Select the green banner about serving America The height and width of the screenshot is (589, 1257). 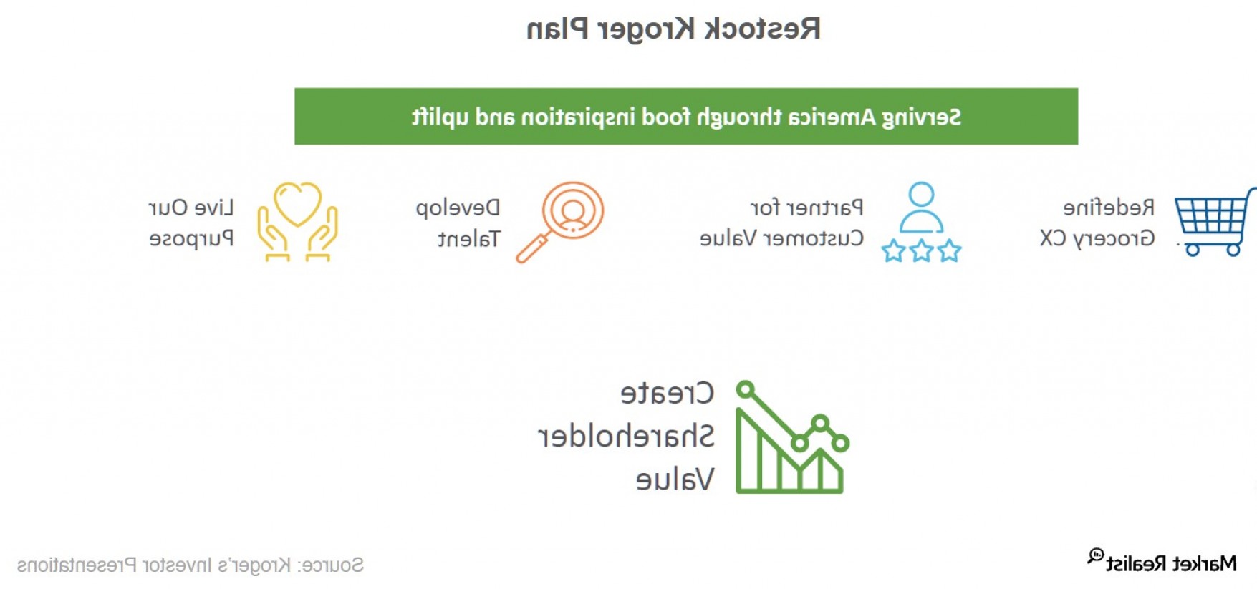pyautogui.click(x=686, y=117)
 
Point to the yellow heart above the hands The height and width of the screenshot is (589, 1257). pyautogui.click(x=298, y=204)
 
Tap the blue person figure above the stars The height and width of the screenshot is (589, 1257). pyautogui.click(x=921, y=208)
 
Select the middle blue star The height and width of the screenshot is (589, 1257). pyautogui.click(x=921, y=251)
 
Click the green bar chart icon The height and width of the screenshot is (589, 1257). pyautogui.click(x=792, y=437)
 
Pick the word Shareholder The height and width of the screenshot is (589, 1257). pyautogui.click(x=626, y=436)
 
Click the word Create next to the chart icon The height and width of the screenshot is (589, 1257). pyautogui.click(x=668, y=393)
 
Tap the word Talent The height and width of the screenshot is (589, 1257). pyautogui.click(x=469, y=239)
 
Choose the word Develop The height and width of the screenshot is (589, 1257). pyautogui.click(x=458, y=208)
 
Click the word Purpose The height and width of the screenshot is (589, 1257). pyautogui.click(x=191, y=239)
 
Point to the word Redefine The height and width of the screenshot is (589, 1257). pyautogui.click(x=1109, y=208)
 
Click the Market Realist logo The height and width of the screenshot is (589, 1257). pyautogui.click(x=1162, y=562)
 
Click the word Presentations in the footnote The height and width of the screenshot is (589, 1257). pyautogui.click(x=77, y=565)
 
